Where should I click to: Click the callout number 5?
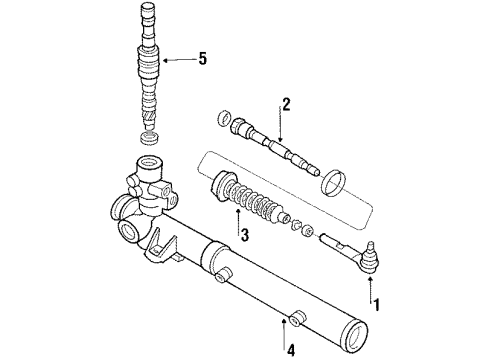tap(203, 59)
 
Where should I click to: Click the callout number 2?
tap(286, 102)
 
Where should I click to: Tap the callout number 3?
tap(243, 235)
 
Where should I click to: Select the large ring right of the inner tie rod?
tap(336, 183)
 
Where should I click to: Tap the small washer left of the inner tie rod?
tap(221, 119)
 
